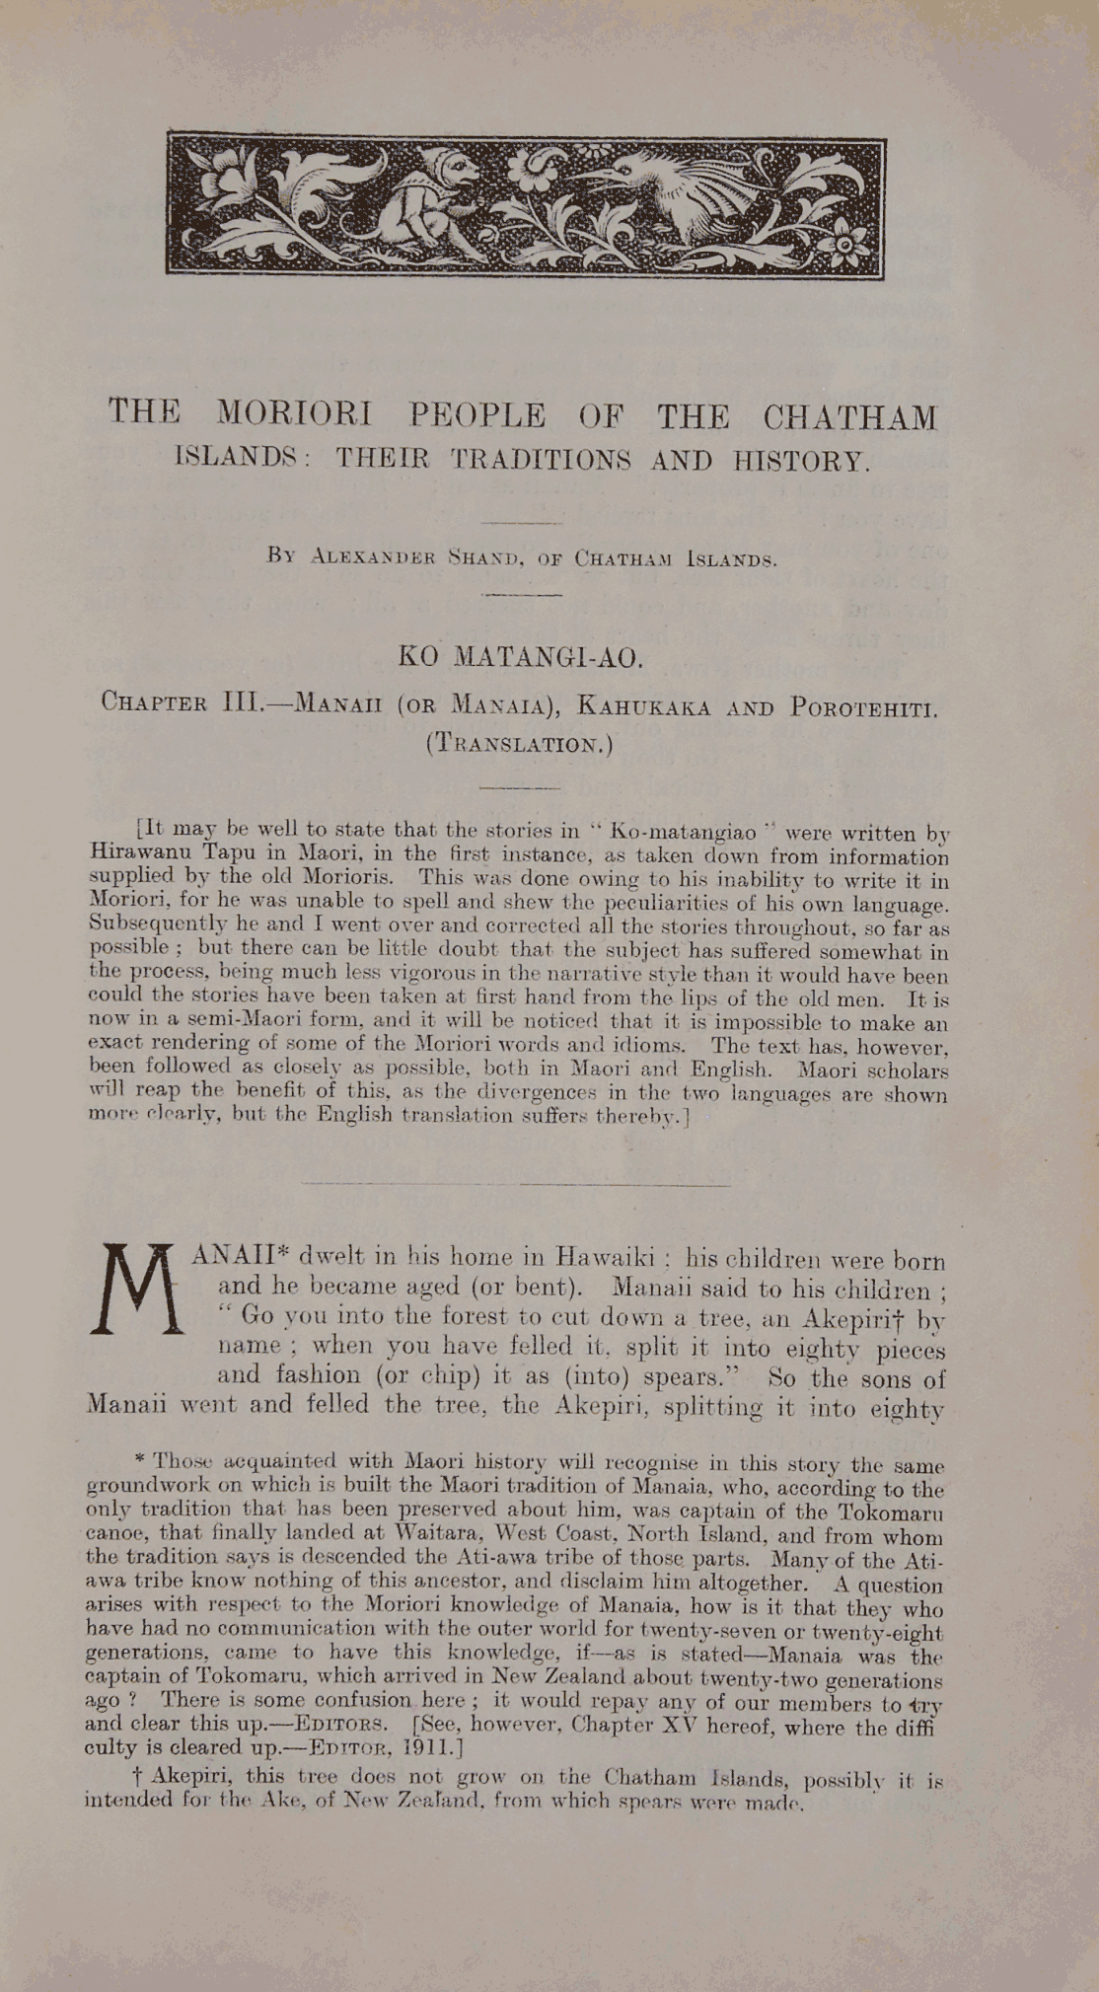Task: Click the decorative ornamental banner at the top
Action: (526, 205)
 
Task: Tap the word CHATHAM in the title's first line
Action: (849, 417)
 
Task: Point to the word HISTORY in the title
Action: (800, 462)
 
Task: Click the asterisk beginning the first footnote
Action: (140, 1457)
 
